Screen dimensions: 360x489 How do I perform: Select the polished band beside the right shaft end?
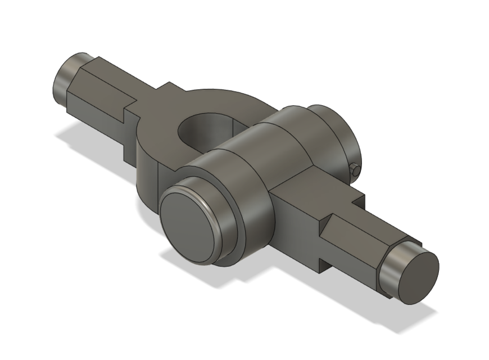(393, 264)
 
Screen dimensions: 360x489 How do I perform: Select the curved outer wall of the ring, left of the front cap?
(149, 180)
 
